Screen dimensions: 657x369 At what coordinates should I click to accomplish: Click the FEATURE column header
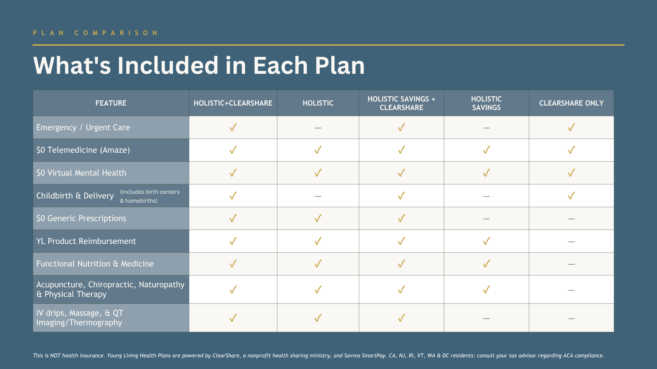click(x=111, y=103)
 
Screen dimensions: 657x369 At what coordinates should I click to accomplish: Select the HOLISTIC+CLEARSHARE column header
click(x=233, y=103)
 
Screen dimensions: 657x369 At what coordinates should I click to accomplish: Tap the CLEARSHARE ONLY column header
click(x=571, y=103)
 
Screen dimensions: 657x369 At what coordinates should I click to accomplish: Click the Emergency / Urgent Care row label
click(x=83, y=127)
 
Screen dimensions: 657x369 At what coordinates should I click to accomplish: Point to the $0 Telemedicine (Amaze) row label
click(x=83, y=150)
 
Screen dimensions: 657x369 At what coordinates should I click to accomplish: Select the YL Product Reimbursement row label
click(x=86, y=241)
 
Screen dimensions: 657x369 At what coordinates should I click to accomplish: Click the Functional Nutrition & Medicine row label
click(x=95, y=264)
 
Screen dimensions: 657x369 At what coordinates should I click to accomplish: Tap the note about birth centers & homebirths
click(x=150, y=196)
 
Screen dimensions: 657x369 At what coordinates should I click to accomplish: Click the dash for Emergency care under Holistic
click(x=318, y=128)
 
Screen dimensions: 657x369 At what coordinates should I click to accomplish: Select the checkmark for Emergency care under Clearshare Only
click(x=571, y=127)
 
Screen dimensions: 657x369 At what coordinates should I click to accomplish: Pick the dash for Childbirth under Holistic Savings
click(x=486, y=196)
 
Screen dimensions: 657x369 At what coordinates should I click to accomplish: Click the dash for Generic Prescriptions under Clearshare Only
click(x=571, y=219)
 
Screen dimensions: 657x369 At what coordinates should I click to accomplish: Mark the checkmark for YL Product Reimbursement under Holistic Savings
click(x=486, y=241)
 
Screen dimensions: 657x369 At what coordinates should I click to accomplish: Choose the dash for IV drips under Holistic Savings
click(x=486, y=318)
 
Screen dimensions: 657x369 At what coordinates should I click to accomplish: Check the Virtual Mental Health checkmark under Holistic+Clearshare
click(x=233, y=173)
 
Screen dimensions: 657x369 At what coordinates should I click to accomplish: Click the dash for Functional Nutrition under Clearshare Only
click(x=571, y=264)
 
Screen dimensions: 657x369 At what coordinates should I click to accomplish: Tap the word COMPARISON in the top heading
click(x=116, y=33)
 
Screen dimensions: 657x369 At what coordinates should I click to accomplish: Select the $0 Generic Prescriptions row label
click(x=81, y=218)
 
